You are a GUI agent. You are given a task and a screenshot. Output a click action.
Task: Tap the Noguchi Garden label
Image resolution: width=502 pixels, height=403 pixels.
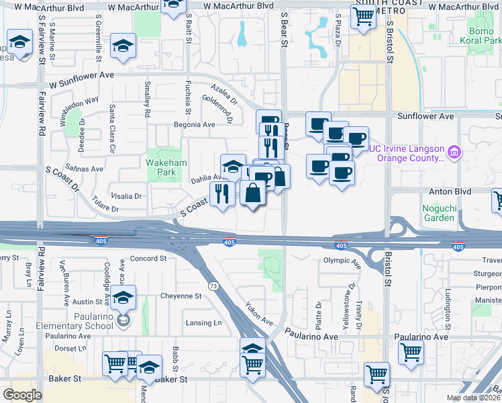[x=439, y=213]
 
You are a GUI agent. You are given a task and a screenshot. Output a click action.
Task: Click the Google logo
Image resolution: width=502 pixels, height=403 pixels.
[x=22, y=395]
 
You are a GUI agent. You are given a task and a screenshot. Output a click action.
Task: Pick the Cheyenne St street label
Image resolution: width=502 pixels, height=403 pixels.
[x=181, y=296]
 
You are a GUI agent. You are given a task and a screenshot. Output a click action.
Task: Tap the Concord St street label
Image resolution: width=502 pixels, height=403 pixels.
[x=148, y=259]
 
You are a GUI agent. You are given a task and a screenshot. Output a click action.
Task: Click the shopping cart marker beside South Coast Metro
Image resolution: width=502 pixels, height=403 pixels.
[x=363, y=19]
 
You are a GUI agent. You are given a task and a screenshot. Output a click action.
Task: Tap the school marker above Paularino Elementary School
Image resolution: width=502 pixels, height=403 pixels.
[x=123, y=298]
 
